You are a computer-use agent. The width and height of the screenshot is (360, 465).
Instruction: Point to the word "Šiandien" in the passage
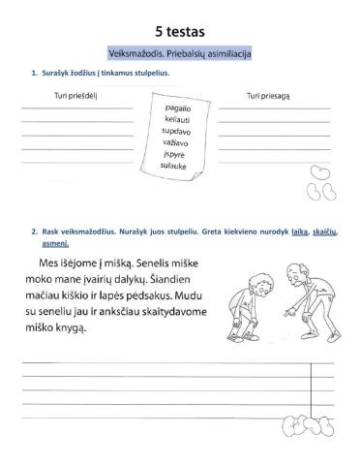[171, 281]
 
